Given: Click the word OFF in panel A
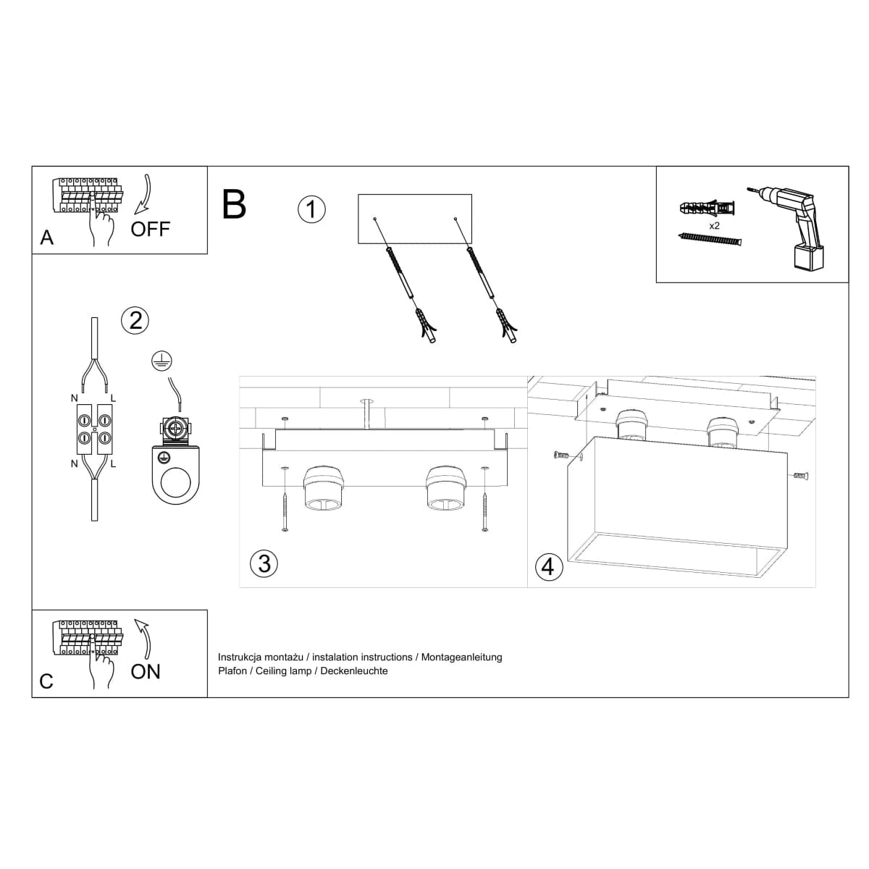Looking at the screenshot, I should click(x=150, y=229).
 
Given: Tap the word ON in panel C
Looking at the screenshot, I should click(x=146, y=671).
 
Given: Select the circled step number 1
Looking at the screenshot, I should click(x=311, y=209).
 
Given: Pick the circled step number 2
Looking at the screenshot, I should click(x=135, y=319).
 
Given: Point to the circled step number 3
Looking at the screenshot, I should click(x=264, y=563).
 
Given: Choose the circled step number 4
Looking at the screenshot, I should click(x=547, y=566).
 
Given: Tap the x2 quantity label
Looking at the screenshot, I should click(x=714, y=226).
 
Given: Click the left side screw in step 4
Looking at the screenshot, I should click(x=559, y=456).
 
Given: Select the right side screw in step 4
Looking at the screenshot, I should click(x=800, y=476).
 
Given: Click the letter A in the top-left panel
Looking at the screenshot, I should click(x=47, y=238).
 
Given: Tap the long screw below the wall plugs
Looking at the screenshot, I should click(x=711, y=238).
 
